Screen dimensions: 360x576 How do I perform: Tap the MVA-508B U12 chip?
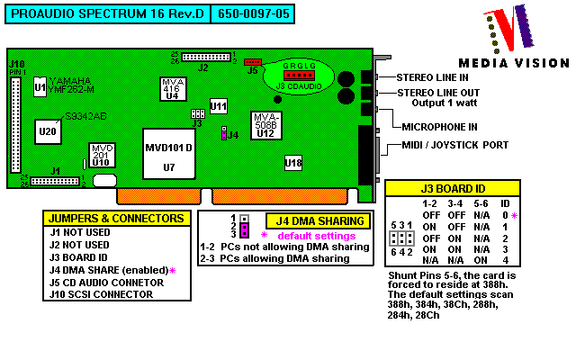[x=265, y=125]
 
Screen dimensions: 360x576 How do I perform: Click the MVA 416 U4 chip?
[x=171, y=90]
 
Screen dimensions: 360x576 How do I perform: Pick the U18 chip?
[x=293, y=163]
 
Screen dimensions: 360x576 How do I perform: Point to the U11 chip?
[x=218, y=106]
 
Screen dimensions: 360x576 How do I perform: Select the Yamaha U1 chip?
[x=40, y=86]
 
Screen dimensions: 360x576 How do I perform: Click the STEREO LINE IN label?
[x=438, y=77]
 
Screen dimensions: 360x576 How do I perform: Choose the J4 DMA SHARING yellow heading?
[x=319, y=220]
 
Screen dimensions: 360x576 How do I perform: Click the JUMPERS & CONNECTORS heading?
[x=116, y=219]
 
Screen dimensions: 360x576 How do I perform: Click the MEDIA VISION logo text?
[x=514, y=63]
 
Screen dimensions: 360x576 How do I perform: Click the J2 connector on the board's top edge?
[x=206, y=57]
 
